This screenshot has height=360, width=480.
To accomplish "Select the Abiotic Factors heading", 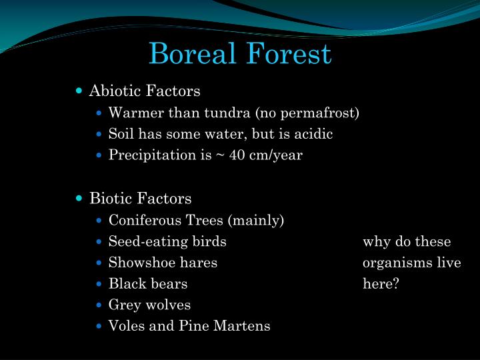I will (145, 90).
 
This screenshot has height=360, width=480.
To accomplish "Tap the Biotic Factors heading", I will (140, 198).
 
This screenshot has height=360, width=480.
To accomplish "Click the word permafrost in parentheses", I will (323, 113).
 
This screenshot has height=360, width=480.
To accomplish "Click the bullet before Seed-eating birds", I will (99, 241).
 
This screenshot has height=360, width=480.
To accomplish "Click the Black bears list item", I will (148, 283).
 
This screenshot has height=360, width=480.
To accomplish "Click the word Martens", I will (246, 326).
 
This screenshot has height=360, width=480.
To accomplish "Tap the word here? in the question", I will (381, 283).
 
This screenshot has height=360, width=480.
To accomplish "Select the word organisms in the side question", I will (397, 263).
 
